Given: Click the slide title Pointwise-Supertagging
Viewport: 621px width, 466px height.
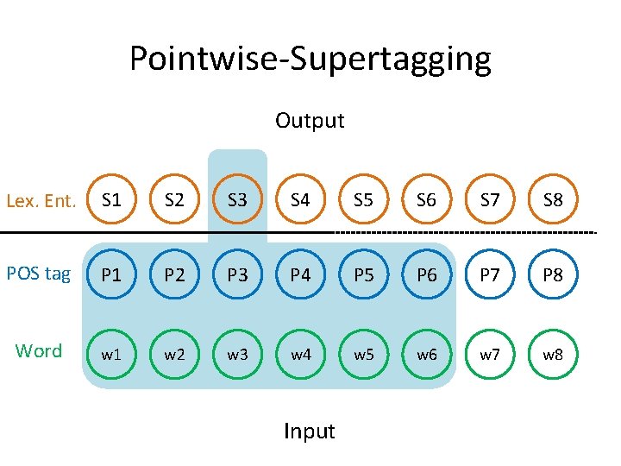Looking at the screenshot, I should point(310,59).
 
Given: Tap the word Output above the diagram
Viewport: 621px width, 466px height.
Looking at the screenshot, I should point(310,121).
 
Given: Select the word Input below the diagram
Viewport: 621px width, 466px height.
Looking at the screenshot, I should point(310,431).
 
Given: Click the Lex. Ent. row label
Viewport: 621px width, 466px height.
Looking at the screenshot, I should point(41,201).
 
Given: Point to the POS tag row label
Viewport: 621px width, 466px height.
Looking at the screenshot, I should point(39,274).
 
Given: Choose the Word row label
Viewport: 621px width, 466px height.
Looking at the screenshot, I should point(39,350).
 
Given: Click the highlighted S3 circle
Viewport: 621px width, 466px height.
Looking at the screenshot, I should point(237,201).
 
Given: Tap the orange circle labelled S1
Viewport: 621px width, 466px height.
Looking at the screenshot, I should point(111,201).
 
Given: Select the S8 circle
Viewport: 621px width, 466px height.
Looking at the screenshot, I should point(553,201).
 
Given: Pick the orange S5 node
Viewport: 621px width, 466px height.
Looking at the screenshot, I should point(363,201).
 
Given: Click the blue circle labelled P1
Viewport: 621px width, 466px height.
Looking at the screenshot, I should point(111,275).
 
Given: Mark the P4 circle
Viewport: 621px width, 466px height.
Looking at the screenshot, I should point(300,275).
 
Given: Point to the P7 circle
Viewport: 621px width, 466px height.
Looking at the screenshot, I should point(490,275).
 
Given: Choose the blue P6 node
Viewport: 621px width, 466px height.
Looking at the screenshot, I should point(426,275).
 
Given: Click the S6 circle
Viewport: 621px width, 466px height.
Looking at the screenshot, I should point(426,201).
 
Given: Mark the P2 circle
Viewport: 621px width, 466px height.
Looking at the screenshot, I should point(174,275).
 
